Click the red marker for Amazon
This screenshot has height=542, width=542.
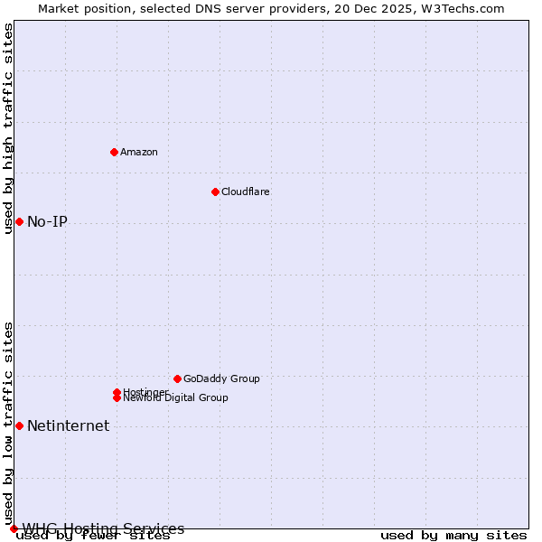(x=114, y=152)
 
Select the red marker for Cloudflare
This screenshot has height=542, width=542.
(x=215, y=192)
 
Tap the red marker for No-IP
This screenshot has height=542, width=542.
(x=19, y=221)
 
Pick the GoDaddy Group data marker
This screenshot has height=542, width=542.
(x=177, y=378)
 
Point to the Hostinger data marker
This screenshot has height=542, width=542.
(x=117, y=392)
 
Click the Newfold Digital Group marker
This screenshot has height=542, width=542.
(x=117, y=398)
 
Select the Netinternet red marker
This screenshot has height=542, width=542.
(x=19, y=425)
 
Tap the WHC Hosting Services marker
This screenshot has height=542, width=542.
(x=14, y=528)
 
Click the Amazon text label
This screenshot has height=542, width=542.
(x=139, y=152)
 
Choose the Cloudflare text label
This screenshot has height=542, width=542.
(x=246, y=192)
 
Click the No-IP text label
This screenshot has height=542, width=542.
(x=47, y=222)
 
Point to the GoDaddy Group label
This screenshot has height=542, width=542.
(x=221, y=378)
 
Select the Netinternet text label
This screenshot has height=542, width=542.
(x=68, y=426)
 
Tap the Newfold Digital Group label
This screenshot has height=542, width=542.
(x=176, y=398)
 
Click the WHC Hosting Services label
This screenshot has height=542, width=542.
(x=103, y=528)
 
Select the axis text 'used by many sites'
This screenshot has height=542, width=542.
(x=453, y=536)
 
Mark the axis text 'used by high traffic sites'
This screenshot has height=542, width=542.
(x=9, y=128)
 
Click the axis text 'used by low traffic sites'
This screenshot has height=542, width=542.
(x=9, y=422)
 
